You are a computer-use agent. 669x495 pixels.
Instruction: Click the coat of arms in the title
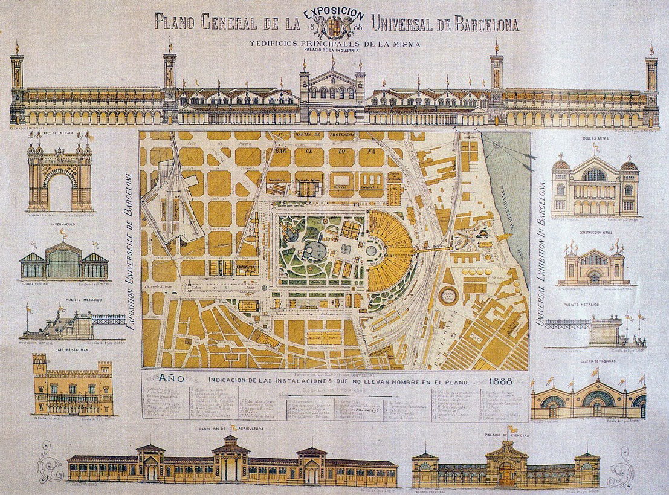coord(334,27)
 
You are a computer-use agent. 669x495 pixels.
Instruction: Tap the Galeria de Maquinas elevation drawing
coord(595,399)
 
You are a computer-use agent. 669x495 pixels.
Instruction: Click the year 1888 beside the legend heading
coord(502,381)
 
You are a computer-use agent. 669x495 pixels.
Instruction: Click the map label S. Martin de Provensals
coord(314,135)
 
